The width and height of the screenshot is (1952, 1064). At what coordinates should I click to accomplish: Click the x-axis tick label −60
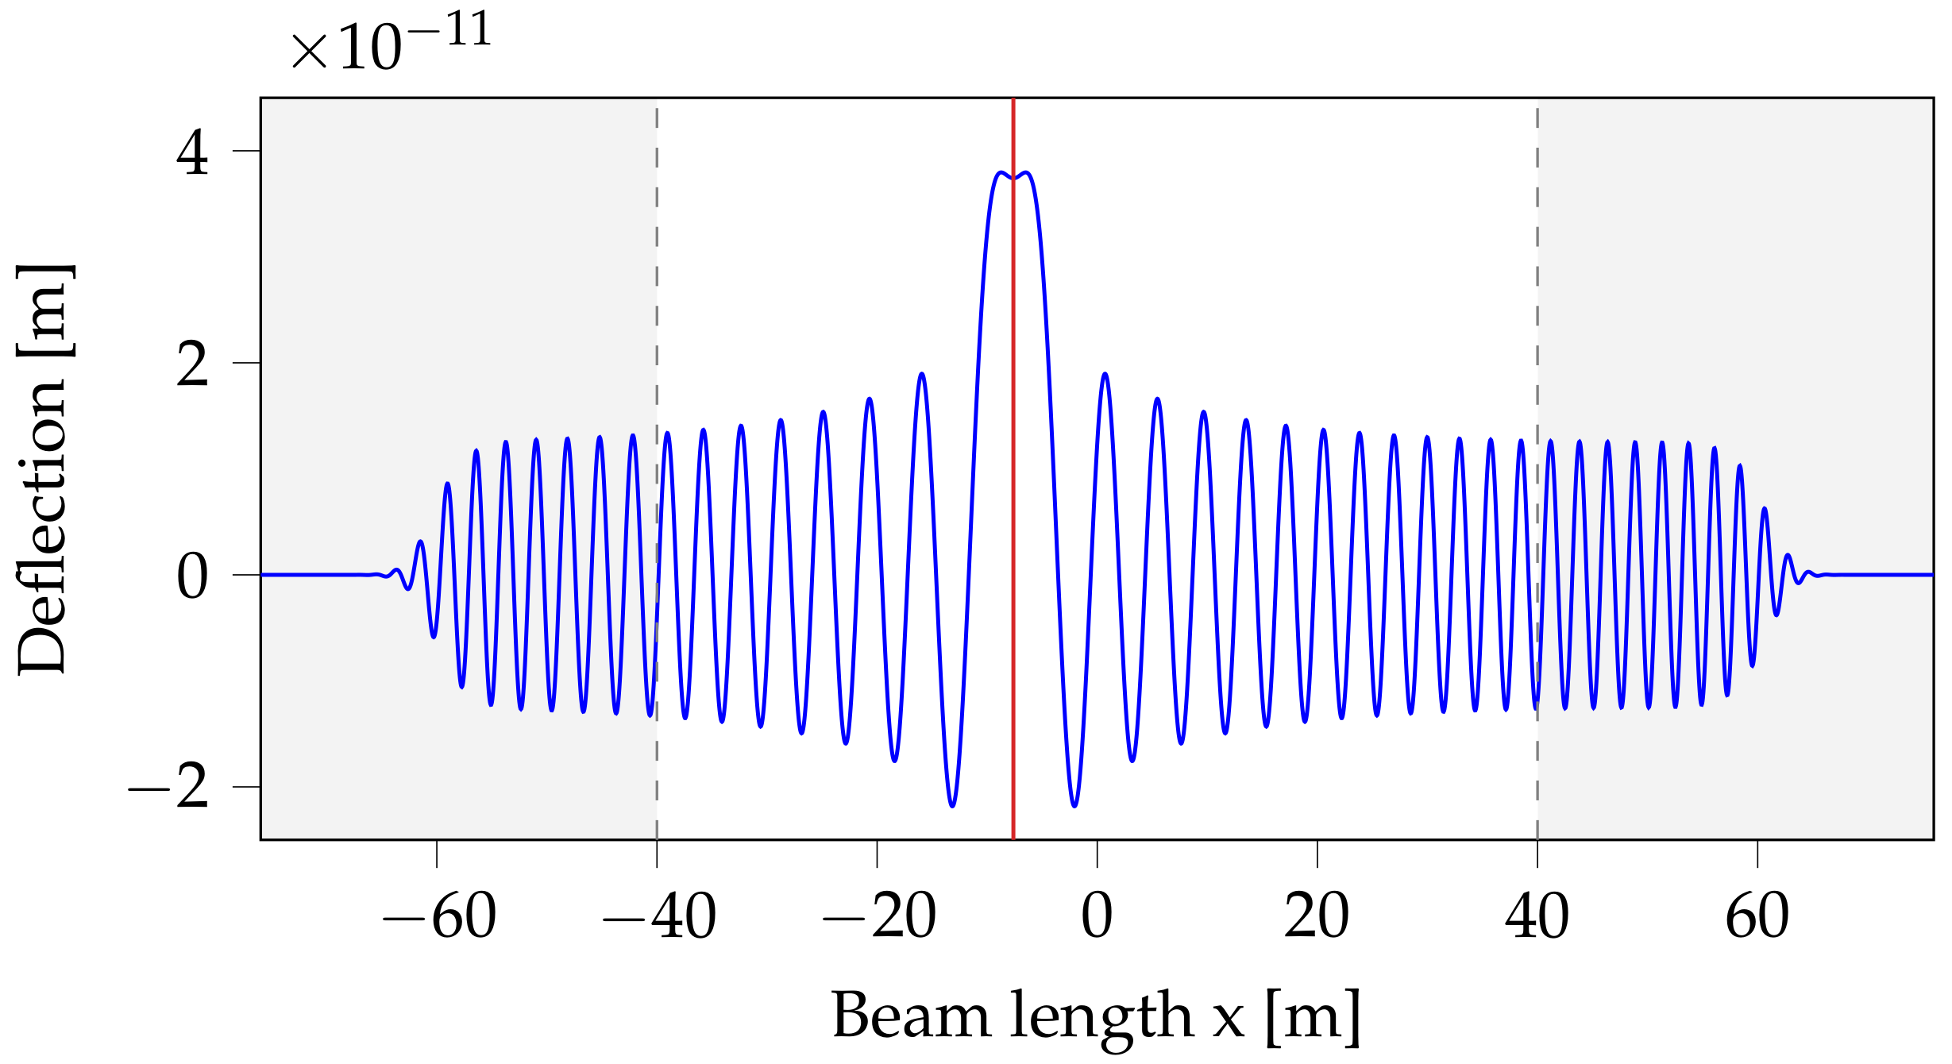coord(439,917)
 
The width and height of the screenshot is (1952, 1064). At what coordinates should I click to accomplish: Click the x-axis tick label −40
coord(659,917)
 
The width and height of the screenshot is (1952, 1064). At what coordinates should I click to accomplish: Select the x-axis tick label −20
coord(879,917)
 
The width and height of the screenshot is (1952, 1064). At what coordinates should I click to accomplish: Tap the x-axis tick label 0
coord(1097,917)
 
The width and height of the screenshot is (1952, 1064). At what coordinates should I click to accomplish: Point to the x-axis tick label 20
coord(1317,917)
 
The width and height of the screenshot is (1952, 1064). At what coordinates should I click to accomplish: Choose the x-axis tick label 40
coord(1537,917)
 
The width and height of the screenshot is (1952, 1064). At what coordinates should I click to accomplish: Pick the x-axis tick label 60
coord(1757,917)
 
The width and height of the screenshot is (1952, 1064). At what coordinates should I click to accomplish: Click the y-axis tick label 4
coord(192,152)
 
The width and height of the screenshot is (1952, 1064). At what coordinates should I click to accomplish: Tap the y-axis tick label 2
coord(192,364)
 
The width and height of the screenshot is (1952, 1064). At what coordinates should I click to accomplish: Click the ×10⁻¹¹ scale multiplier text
coord(391,44)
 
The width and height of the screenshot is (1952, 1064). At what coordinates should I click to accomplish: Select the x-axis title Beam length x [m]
coord(1096,1016)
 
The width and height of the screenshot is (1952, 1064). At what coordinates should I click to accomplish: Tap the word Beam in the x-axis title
coord(911,1016)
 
